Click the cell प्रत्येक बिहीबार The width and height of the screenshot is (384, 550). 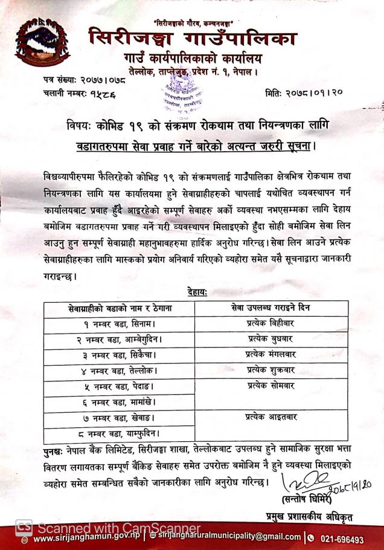(x=270, y=323)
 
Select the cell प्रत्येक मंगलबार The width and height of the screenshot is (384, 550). (x=270, y=354)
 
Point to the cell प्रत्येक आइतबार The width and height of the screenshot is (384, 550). (x=270, y=416)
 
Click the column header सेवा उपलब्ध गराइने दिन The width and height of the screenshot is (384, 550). (x=270, y=308)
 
